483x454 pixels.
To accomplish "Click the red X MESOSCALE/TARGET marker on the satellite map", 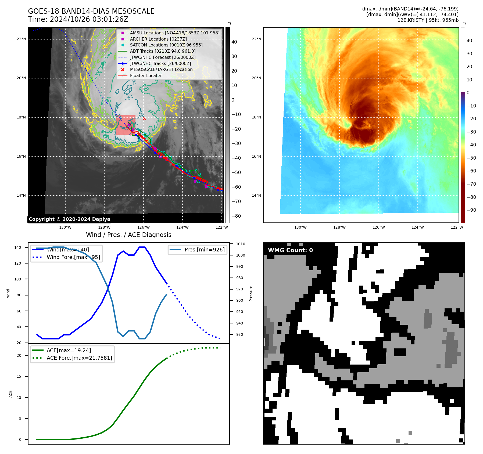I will tap(144, 118).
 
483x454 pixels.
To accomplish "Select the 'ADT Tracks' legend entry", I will tap(163, 51).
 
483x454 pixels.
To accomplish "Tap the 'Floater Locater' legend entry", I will tap(146, 76).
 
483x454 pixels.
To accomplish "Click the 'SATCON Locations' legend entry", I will tap(166, 45).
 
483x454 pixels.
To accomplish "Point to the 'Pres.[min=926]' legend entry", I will tap(204, 250).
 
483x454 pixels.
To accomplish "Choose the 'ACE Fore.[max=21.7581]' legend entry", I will tap(79, 358).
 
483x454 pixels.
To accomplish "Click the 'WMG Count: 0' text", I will tap(290, 250).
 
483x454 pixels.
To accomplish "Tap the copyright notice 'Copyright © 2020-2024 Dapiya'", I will tap(69, 219).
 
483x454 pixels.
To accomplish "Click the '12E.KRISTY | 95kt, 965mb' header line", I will tap(428, 20).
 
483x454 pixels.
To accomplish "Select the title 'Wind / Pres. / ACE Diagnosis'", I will tap(128, 235).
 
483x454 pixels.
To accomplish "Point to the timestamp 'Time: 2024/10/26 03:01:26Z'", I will tap(78, 19).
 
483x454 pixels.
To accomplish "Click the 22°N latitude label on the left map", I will tap(21, 39).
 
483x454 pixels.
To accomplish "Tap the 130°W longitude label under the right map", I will tap(300, 228).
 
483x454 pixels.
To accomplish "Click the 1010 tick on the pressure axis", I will tap(241, 244).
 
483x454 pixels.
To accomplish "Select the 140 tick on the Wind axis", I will tap(18, 247).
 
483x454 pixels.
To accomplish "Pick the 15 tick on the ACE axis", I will tap(19, 376).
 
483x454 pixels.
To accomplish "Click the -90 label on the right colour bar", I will tap(471, 210).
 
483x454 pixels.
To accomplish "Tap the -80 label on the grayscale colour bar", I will tap(236, 216).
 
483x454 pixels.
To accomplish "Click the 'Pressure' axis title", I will tap(251, 293).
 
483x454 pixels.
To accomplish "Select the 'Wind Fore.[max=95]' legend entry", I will tap(73, 257).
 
